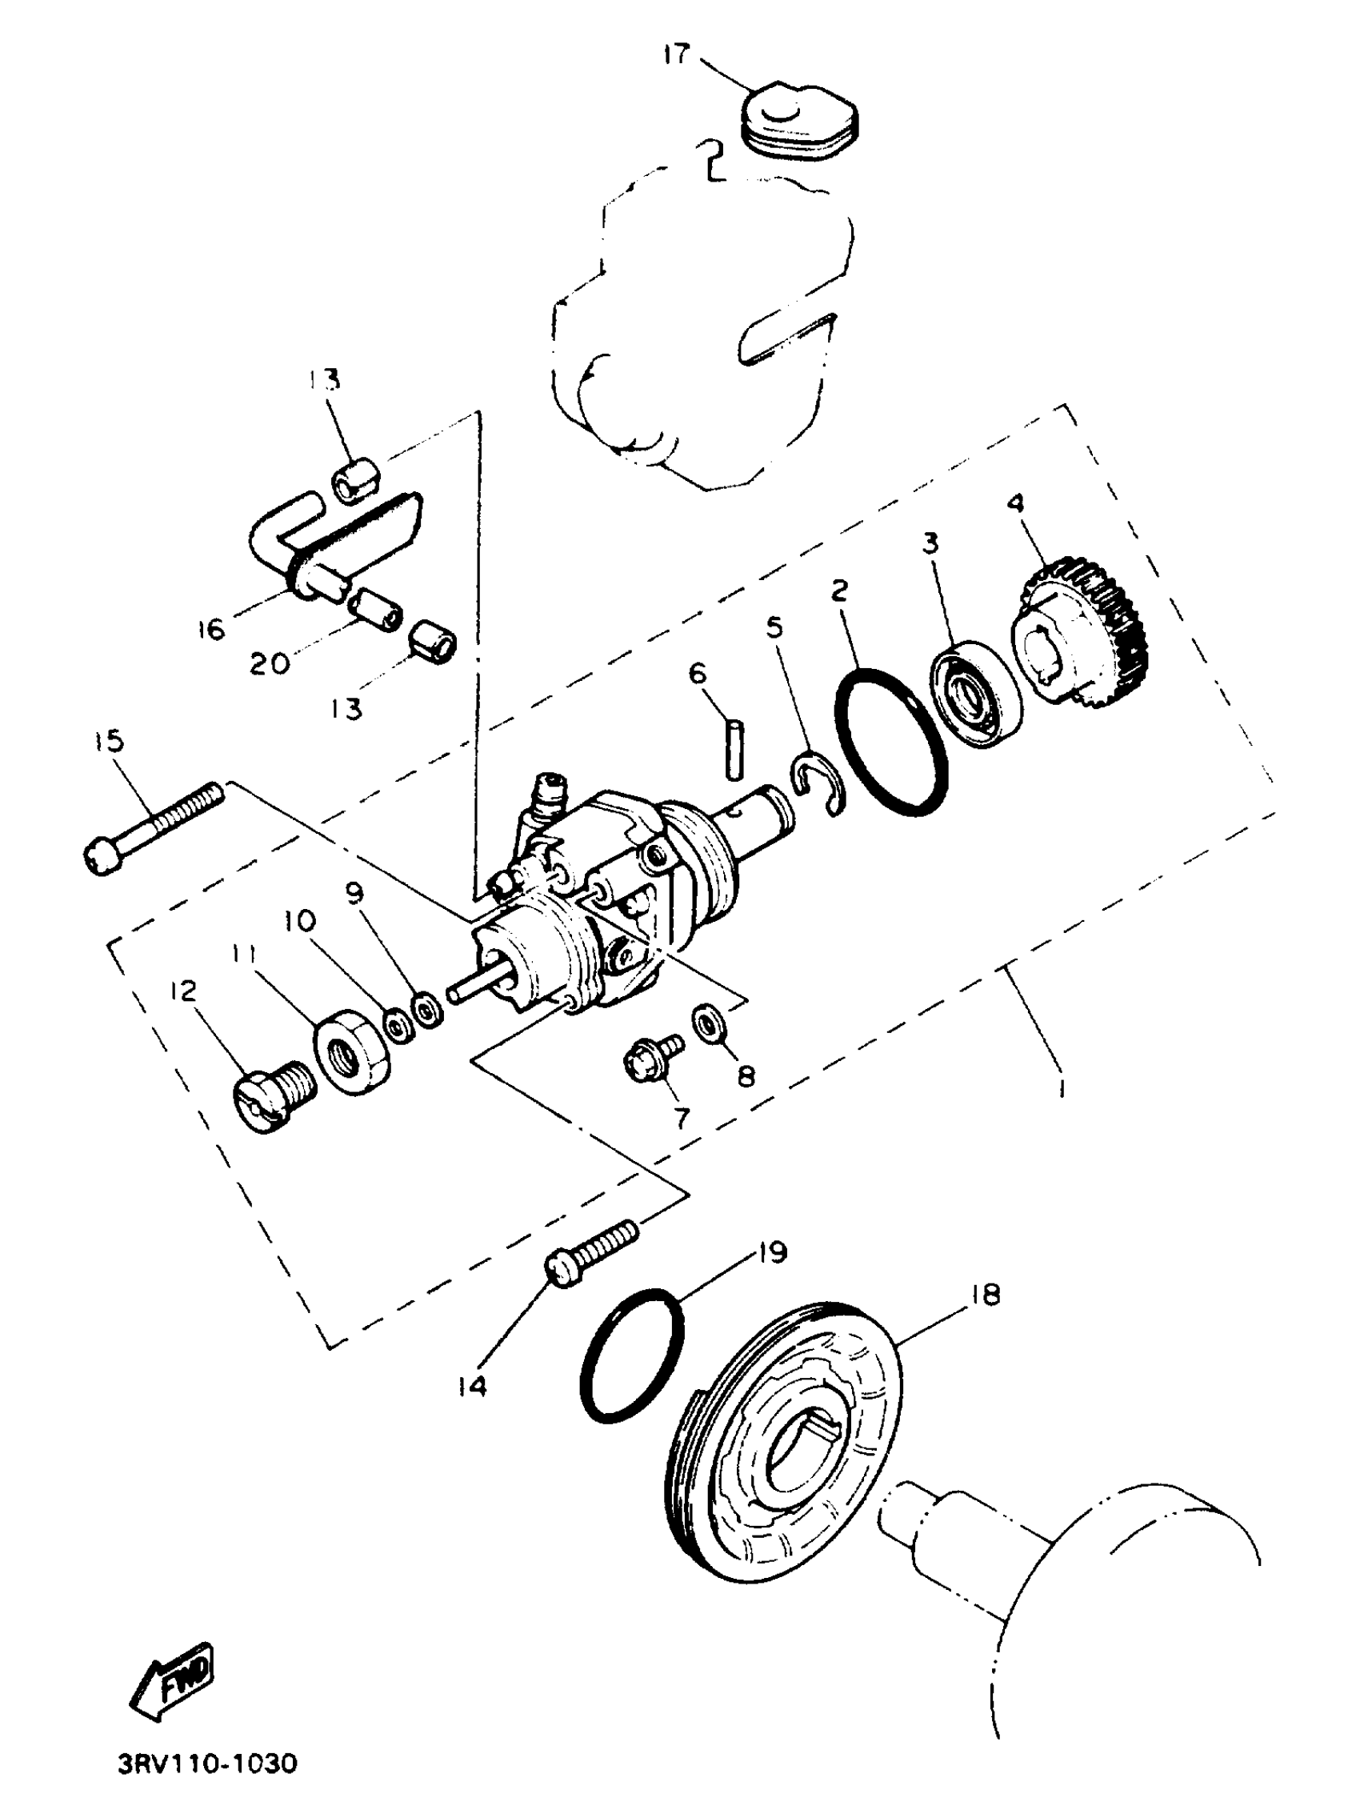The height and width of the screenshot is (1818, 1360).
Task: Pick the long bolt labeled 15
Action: click(x=154, y=829)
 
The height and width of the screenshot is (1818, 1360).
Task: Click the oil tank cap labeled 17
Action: click(x=799, y=122)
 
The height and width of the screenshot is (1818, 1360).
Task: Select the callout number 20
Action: click(x=270, y=663)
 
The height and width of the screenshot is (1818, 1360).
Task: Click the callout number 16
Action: click(x=210, y=630)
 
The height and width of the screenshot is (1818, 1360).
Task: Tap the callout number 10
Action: click(x=299, y=920)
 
